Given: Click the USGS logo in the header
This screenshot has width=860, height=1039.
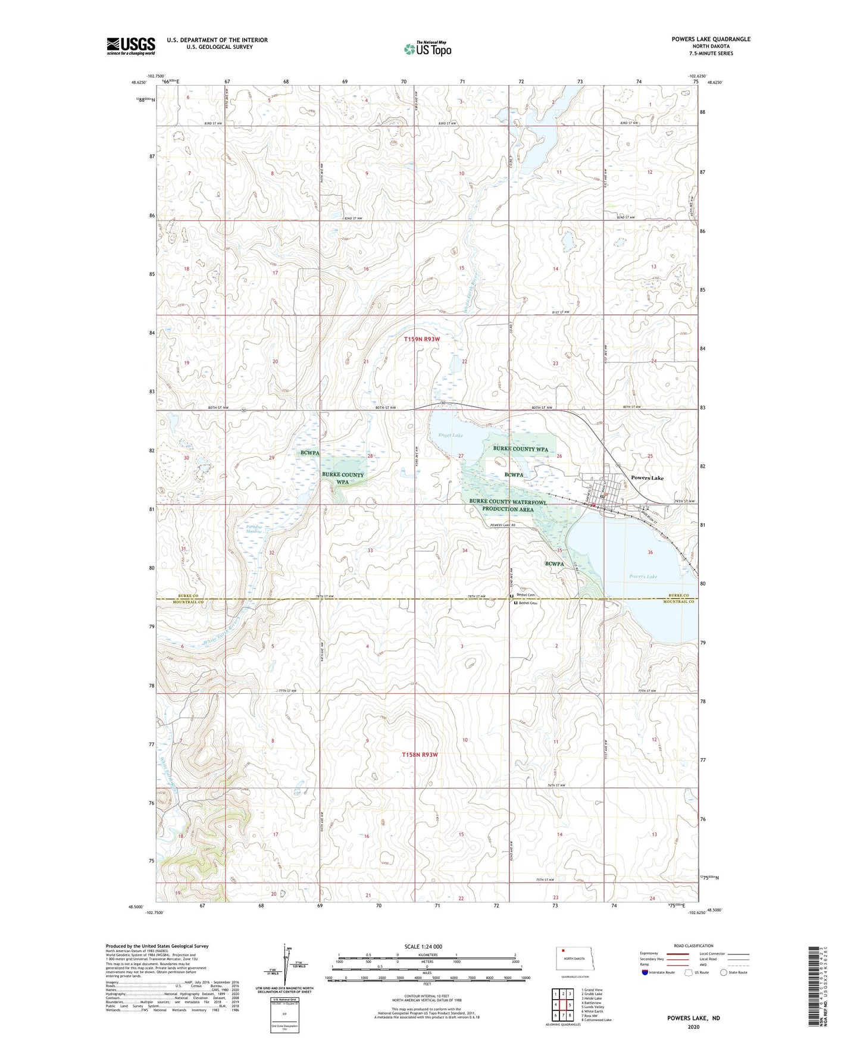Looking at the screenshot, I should (x=130, y=46).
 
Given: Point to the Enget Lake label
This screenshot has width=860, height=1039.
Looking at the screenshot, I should (x=451, y=435).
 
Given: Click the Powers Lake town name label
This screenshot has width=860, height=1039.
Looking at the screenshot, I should (x=647, y=478).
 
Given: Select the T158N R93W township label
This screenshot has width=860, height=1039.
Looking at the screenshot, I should (x=420, y=755).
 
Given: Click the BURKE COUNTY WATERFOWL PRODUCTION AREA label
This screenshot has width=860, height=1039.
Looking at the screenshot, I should (x=507, y=505).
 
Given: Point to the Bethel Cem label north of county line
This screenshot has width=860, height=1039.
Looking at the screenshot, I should (x=526, y=595).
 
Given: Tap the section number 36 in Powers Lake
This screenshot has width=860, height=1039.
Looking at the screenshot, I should (x=650, y=552).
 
